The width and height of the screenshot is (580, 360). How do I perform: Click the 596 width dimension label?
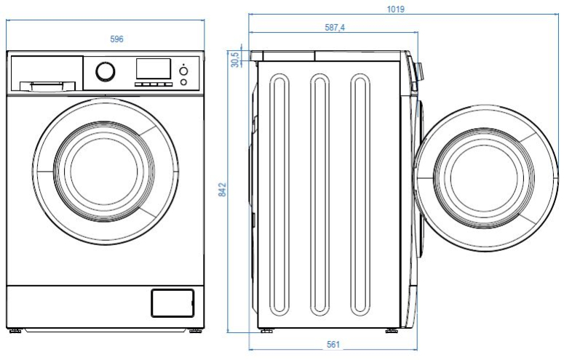(116, 39)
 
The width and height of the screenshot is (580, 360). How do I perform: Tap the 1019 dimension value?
(396, 9)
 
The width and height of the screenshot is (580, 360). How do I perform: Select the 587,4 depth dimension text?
(335, 28)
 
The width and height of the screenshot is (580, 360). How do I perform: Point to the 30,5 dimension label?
(235, 59)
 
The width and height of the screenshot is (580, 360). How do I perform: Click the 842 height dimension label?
(222, 189)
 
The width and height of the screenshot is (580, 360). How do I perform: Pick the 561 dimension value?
(333, 345)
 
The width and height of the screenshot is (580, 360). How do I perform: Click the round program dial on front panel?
(105, 71)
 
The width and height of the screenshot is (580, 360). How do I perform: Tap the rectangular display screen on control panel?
(154, 69)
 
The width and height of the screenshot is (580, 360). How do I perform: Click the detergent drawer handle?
(47, 86)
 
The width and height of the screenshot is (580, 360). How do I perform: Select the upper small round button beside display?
(183, 71)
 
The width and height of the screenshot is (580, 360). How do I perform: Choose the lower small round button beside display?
(183, 82)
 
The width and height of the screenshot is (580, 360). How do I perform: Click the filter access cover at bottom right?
(172, 303)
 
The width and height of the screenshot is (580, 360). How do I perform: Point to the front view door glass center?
(104, 172)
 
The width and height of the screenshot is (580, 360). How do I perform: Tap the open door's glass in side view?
(484, 178)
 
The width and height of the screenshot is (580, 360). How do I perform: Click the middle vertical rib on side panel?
(319, 194)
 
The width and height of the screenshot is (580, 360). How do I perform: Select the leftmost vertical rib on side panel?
(279, 194)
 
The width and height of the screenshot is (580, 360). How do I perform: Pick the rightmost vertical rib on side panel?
(360, 194)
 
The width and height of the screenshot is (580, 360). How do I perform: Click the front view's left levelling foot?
(15, 331)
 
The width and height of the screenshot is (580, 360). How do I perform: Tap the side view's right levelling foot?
(392, 331)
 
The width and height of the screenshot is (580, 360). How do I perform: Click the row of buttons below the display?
(154, 84)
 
